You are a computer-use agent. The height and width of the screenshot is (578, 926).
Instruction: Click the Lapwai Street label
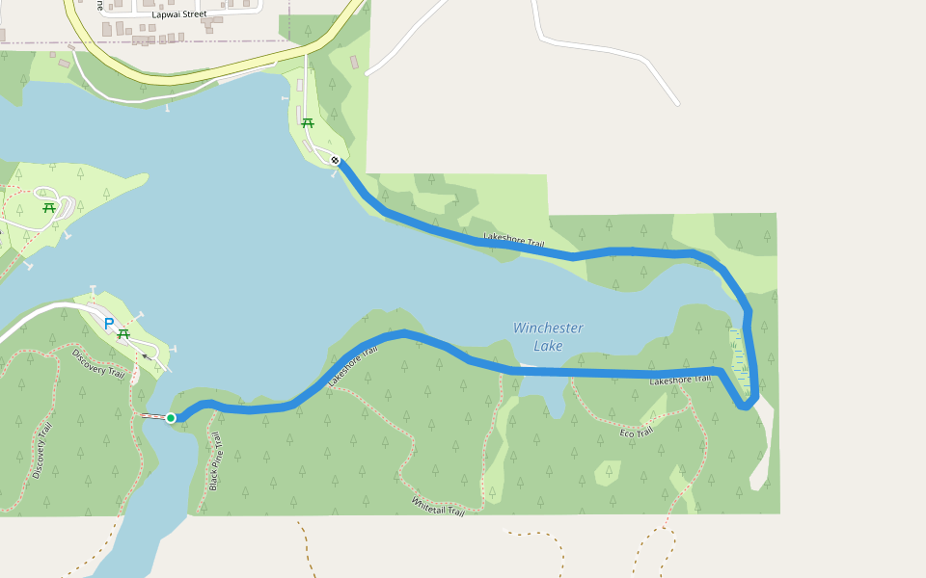pyautogui.click(x=179, y=14)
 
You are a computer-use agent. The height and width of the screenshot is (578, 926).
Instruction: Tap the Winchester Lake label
pyautogui.click(x=548, y=336)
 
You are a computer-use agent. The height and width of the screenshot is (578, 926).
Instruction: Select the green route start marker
pyautogui.click(x=171, y=417)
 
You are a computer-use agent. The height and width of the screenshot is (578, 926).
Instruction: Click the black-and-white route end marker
pyautogui.click(x=335, y=160)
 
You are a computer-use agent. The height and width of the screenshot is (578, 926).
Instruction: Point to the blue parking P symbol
pyautogui.click(x=109, y=324)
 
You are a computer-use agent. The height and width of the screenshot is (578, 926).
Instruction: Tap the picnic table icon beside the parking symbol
pyautogui.click(x=123, y=333)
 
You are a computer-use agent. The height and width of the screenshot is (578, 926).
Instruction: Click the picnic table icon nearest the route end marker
pyautogui.click(x=308, y=122)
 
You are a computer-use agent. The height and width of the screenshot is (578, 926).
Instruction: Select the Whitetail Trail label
pyautogui.click(x=438, y=505)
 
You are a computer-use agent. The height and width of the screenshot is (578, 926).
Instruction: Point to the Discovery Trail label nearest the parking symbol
pyautogui.click(x=98, y=362)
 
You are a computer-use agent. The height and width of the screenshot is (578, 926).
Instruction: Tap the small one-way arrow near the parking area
pyautogui.click(x=146, y=355)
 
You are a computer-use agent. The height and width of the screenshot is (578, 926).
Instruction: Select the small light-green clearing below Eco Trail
pyautogui.click(x=608, y=472)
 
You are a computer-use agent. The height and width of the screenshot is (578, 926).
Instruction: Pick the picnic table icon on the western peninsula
pyautogui.click(x=48, y=206)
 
